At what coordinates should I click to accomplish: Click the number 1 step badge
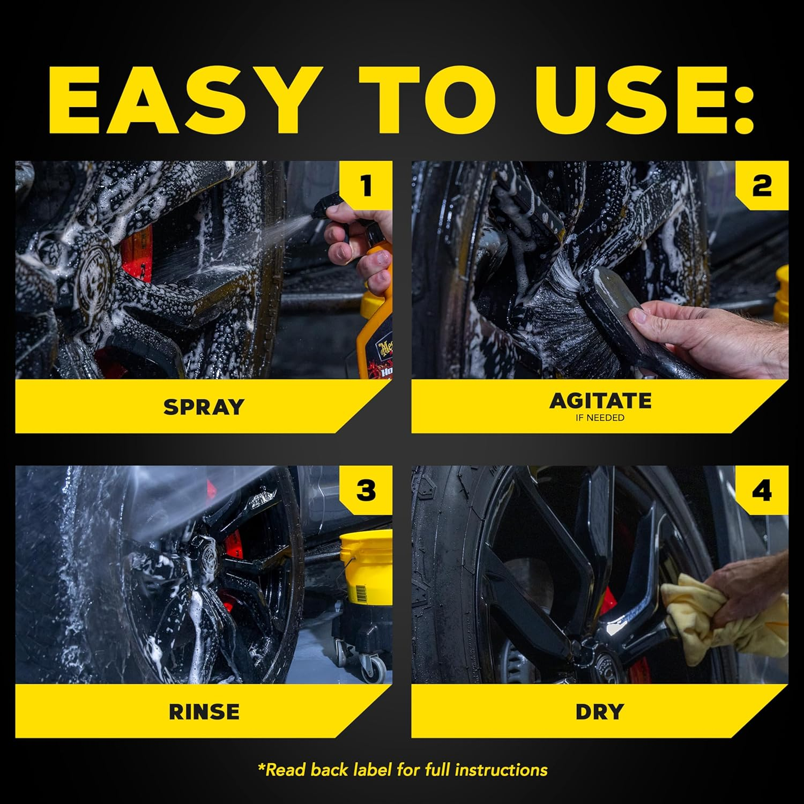pos(366,186)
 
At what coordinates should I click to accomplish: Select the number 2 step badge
pos(761,186)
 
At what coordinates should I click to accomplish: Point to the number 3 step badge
pos(366,491)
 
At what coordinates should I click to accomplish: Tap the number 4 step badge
pos(761,491)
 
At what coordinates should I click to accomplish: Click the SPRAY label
pos(204,407)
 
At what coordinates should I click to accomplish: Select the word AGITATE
pos(600,400)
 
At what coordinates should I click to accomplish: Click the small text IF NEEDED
pos(600,418)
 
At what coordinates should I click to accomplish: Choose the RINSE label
pos(204,712)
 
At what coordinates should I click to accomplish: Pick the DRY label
pos(599,712)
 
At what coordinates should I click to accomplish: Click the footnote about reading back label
pos(403,770)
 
